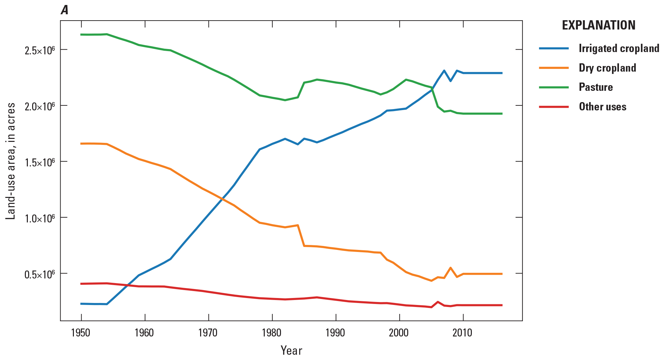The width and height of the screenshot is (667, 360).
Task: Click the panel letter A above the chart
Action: (x=65, y=11)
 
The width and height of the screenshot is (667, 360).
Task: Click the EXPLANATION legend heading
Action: (x=598, y=26)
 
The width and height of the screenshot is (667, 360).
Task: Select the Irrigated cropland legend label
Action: (x=619, y=48)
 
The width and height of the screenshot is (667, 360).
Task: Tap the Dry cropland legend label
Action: (x=607, y=68)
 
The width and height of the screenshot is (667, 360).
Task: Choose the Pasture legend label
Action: (x=595, y=87)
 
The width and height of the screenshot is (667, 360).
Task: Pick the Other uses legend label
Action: (x=602, y=107)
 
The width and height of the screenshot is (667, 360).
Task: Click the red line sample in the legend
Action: (x=554, y=107)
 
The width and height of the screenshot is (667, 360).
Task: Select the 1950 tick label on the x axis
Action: (x=81, y=332)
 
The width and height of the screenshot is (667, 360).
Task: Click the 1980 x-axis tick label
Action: (x=272, y=332)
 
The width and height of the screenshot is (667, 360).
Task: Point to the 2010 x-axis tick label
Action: (x=463, y=332)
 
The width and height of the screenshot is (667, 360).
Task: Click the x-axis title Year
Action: (x=291, y=350)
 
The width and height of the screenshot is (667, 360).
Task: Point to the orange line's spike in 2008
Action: (x=450, y=268)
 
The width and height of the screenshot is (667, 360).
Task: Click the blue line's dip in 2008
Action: (x=450, y=81)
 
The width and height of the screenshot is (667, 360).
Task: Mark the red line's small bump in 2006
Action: (x=438, y=302)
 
